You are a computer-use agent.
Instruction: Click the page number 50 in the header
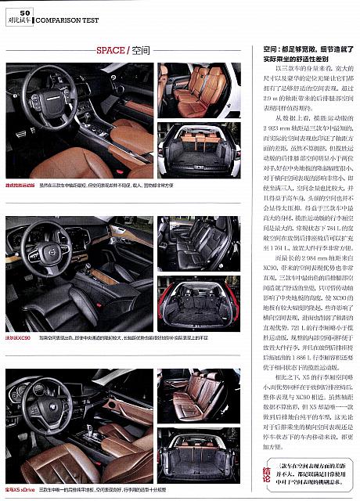tap(25, 13)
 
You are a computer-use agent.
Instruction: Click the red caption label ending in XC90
tap(18, 337)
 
